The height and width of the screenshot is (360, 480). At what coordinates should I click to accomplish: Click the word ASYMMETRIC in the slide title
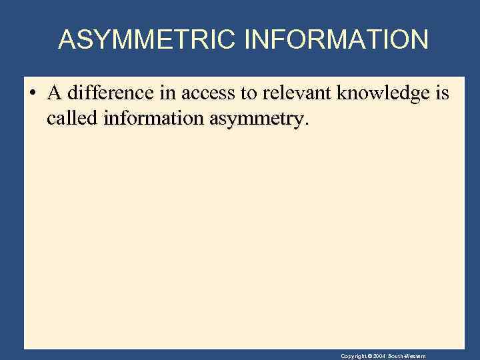click(x=147, y=40)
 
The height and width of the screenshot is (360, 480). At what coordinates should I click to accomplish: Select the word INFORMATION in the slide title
click(x=337, y=40)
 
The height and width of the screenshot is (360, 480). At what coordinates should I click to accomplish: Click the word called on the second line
click(x=73, y=119)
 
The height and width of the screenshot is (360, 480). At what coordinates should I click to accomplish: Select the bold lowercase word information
click(x=154, y=119)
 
